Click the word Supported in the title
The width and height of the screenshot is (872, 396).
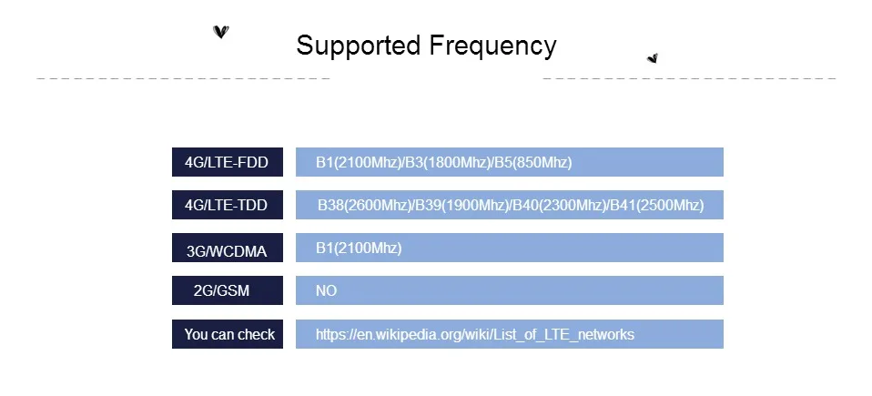tap(358, 46)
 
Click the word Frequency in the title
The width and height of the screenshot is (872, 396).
tap(492, 46)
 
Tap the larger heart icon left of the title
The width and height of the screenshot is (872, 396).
tap(221, 32)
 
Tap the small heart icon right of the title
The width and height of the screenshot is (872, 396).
tap(653, 58)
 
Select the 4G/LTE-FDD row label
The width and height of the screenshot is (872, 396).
tap(227, 162)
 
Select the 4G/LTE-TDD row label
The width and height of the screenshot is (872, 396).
tap(227, 205)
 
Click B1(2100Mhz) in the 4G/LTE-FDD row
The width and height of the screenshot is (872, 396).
tap(359, 162)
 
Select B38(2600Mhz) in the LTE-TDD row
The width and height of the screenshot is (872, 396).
tap(364, 205)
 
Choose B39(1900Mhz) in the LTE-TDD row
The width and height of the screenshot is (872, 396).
tap(462, 205)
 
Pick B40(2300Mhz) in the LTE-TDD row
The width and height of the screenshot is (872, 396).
tap(560, 205)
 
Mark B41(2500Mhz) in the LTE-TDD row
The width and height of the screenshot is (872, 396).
tap(657, 205)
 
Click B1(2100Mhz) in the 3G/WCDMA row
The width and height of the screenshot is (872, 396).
tap(359, 248)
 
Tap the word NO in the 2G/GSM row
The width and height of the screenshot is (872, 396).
tap(327, 291)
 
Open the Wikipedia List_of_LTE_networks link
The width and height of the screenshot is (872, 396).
tap(475, 335)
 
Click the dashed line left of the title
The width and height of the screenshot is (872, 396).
tap(184, 78)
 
